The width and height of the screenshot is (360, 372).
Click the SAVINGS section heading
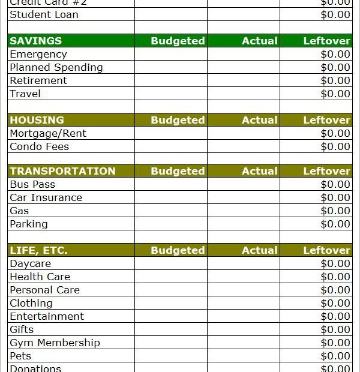(36, 41)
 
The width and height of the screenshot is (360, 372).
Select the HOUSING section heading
(37, 120)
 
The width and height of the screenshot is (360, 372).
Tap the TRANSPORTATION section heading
(62, 171)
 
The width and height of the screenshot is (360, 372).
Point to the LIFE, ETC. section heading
(38, 250)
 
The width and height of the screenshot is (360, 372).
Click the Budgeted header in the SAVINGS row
(178, 41)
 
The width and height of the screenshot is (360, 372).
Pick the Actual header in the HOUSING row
(259, 120)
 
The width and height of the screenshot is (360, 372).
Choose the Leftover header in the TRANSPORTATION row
(326, 171)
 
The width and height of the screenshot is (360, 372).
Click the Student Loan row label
(44, 14)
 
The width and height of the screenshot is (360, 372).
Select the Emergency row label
(38, 54)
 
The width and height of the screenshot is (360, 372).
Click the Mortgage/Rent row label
(48, 133)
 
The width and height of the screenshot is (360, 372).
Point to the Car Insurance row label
(46, 197)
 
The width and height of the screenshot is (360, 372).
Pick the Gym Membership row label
(55, 343)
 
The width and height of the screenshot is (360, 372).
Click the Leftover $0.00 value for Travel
(335, 94)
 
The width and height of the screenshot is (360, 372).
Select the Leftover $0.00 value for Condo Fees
(335, 146)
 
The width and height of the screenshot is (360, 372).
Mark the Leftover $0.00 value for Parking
(335, 224)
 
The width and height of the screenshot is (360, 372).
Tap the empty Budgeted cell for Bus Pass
(171, 184)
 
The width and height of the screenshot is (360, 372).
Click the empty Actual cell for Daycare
(244, 263)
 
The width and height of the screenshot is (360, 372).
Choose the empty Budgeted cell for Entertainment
(171, 316)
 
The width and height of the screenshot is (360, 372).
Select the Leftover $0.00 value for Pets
(335, 356)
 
